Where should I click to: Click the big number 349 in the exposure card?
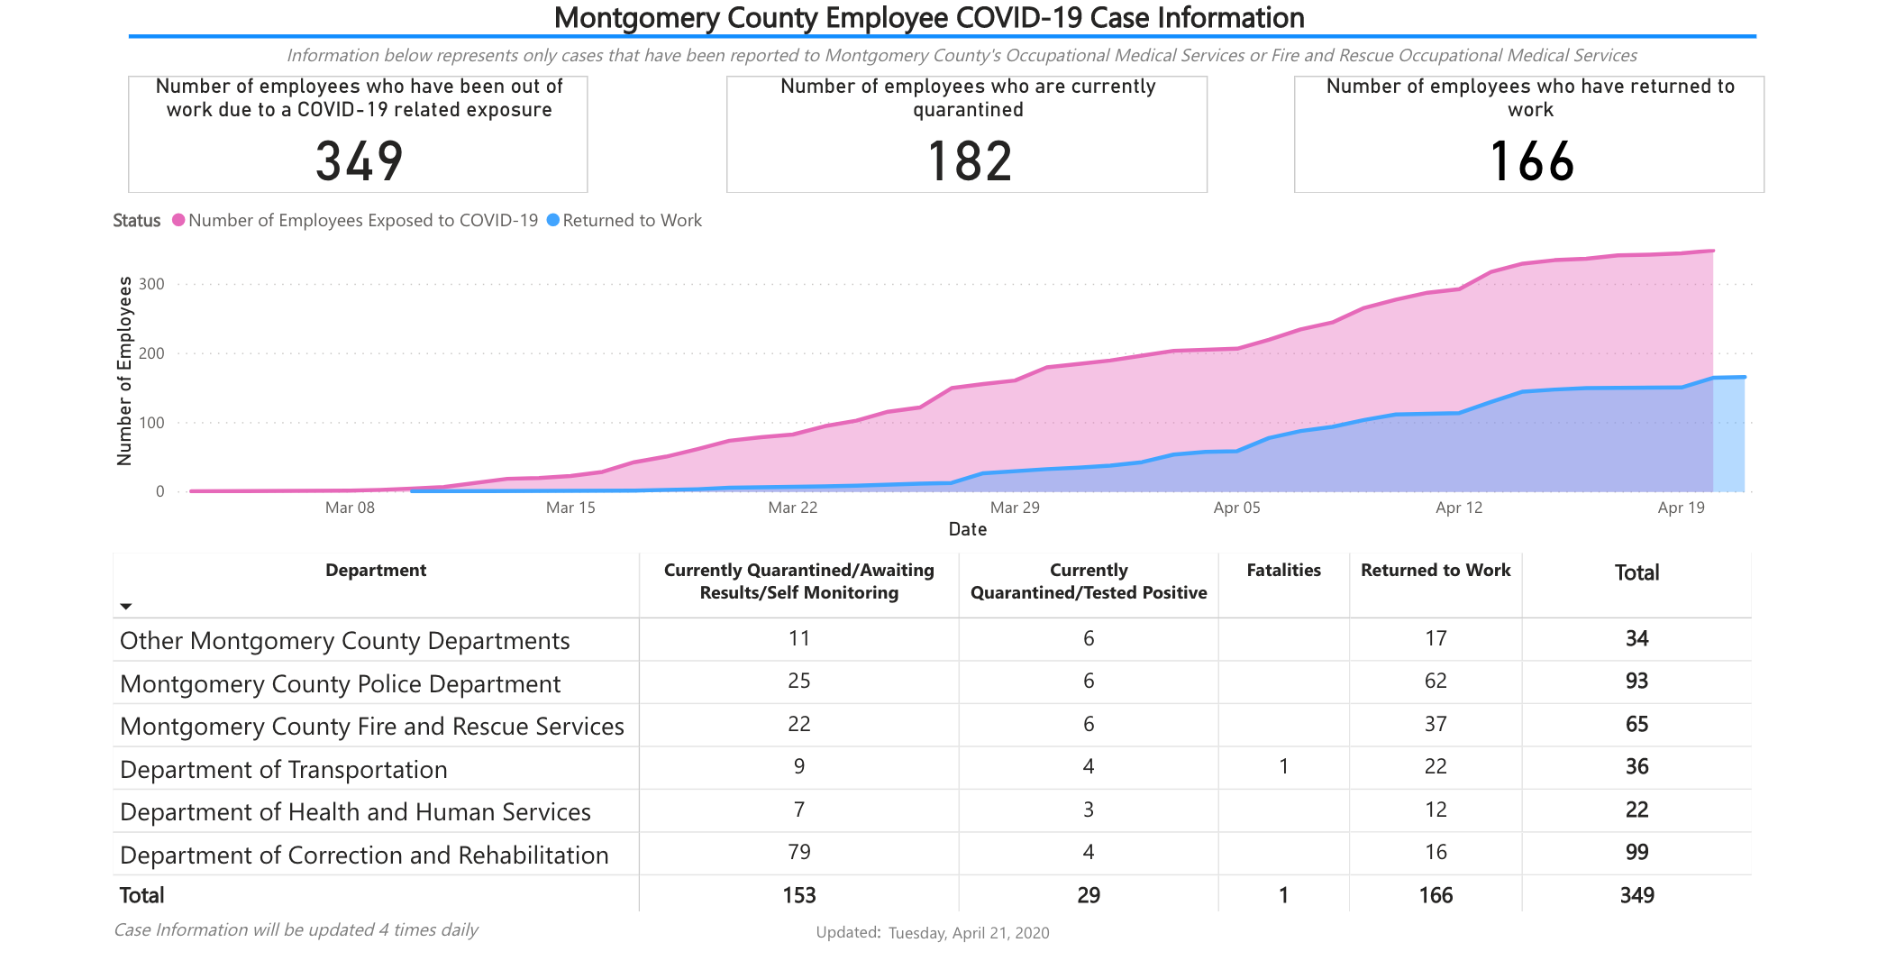click(359, 161)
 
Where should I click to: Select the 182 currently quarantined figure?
click(969, 161)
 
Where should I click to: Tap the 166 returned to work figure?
click(1531, 161)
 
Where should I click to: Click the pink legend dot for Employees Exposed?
click(178, 220)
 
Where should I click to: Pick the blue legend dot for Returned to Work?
click(553, 220)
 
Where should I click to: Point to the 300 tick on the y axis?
click(152, 284)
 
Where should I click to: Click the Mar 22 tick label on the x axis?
click(792, 508)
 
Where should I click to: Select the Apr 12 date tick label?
click(1458, 508)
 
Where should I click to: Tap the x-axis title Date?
click(967, 529)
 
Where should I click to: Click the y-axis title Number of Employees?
click(124, 371)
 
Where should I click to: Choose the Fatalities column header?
click(1283, 570)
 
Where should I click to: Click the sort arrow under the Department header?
click(126, 606)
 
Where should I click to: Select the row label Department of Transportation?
click(283, 769)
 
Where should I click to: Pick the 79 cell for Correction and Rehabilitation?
click(798, 852)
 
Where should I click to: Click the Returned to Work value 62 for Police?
click(1435, 681)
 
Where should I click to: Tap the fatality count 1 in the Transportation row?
click(1283, 766)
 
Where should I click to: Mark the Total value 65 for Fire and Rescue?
click(1636, 724)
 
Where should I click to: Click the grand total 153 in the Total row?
click(798, 895)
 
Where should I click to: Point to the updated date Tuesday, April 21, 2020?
click(968, 933)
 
